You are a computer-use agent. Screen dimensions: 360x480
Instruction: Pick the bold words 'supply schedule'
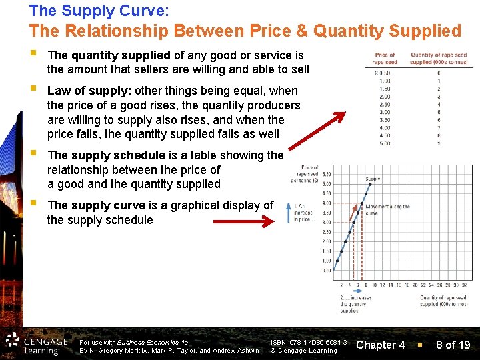tap(118, 155)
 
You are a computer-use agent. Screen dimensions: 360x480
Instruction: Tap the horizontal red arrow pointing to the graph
tap(233, 220)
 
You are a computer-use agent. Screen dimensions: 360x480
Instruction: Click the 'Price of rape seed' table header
tap(385, 59)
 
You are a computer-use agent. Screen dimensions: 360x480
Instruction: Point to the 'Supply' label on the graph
tap(373, 179)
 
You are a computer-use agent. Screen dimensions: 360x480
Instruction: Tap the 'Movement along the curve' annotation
tap(388, 210)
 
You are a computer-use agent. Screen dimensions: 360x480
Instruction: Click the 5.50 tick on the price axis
tap(326, 175)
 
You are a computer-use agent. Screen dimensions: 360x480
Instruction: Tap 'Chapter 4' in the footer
tap(381, 345)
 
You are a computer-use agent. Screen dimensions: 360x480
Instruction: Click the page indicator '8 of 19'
tap(453, 345)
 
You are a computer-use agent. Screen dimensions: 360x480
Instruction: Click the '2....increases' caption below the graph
tap(356, 304)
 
